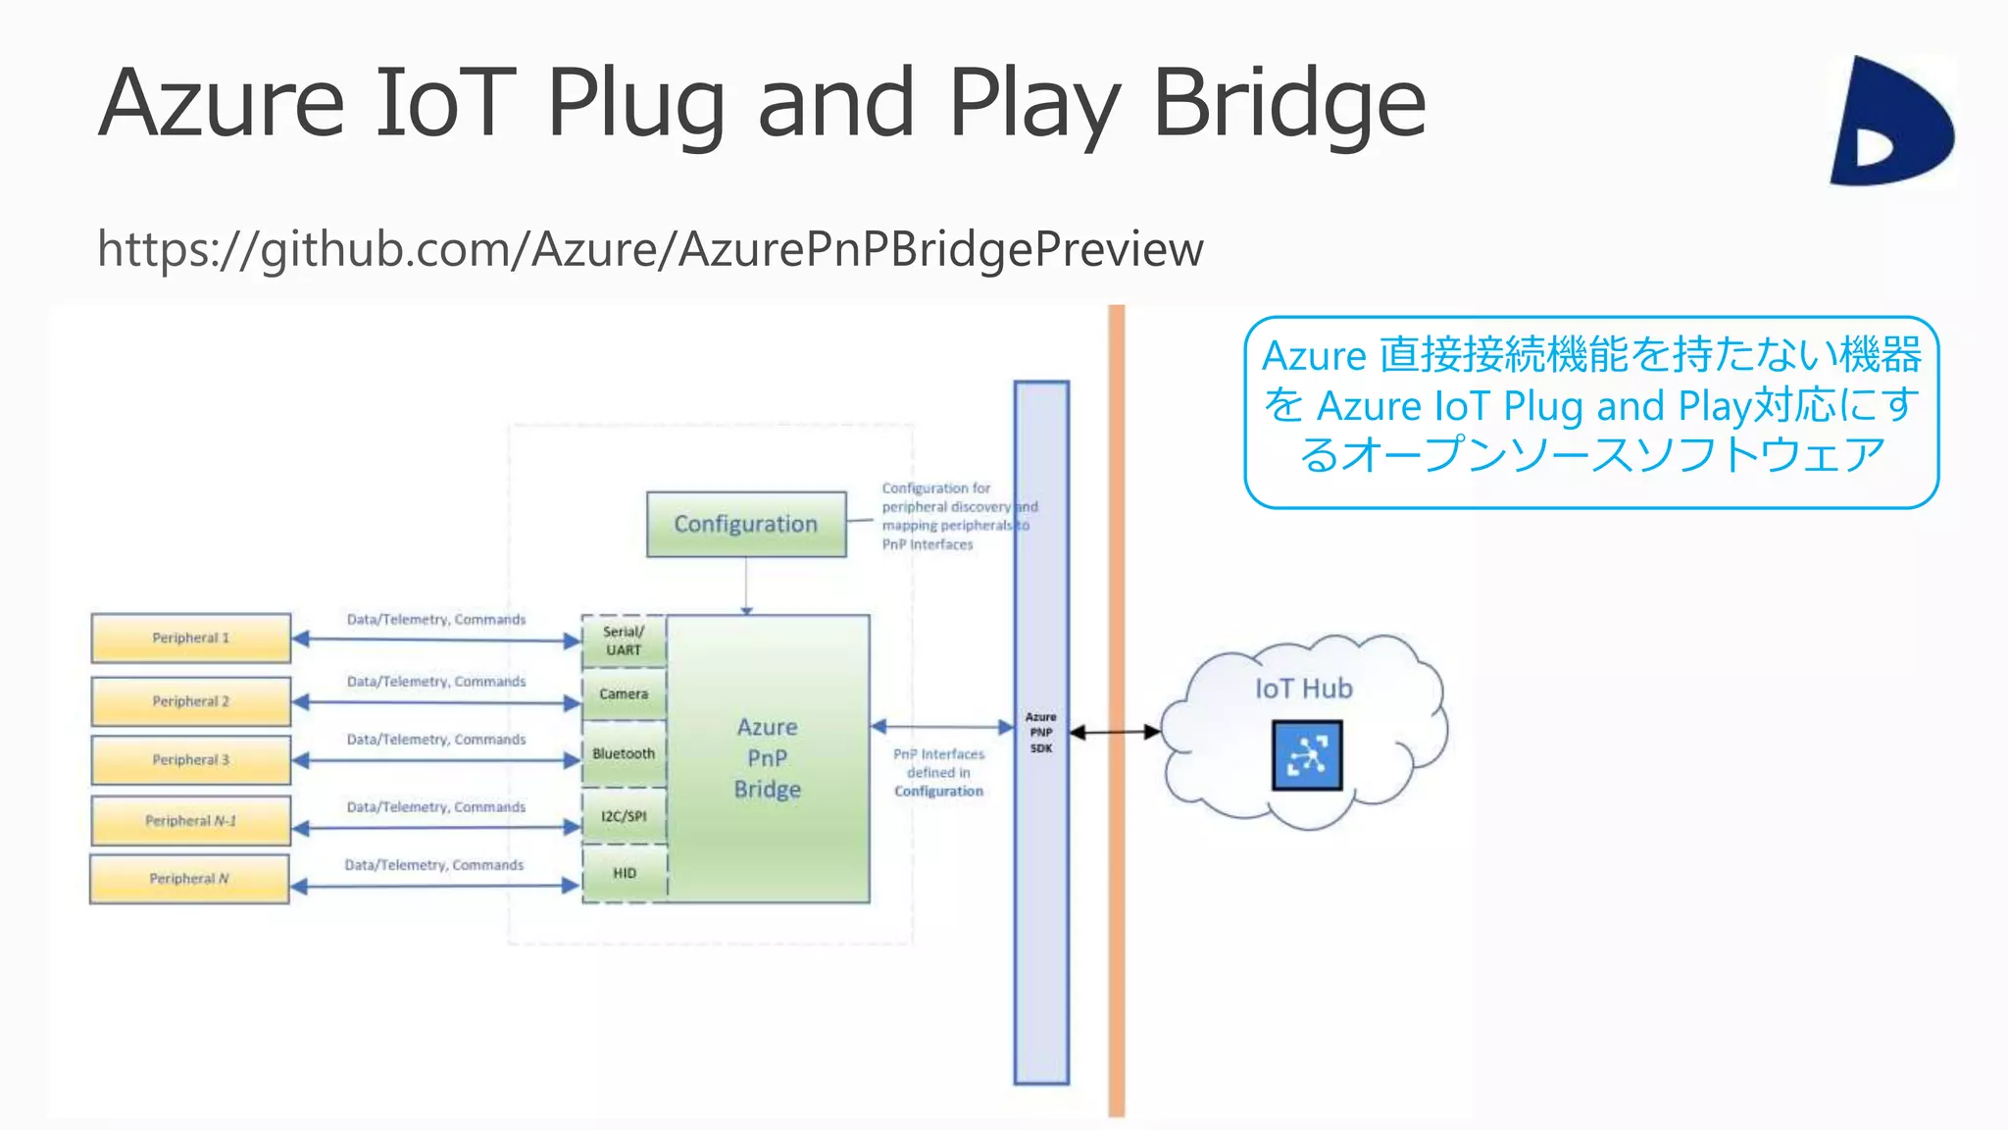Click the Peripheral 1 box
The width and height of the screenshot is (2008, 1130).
pyautogui.click(x=191, y=639)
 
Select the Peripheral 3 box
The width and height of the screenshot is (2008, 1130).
pyautogui.click(x=191, y=760)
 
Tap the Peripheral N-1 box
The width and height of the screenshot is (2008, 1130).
pyautogui.click(x=191, y=821)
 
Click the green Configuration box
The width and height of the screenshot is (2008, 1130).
pyautogui.click(x=746, y=525)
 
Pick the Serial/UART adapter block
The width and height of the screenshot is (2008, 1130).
pyautogui.click(x=624, y=642)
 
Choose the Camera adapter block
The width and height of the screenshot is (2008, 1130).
pyautogui.click(x=624, y=694)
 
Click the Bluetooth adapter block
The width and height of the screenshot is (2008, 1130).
pyautogui.click(x=624, y=754)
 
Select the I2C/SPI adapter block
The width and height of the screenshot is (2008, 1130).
pyautogui.click(x=624, y=816)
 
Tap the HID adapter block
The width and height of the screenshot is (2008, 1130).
pyautogui.click(x=625, y=874)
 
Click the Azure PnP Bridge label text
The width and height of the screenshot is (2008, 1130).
pyautogui.click(x=768, y=758)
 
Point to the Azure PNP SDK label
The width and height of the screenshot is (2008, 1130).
pyautogui.click(x=1041, y=733)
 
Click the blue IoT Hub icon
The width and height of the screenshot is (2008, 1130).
pyautogui.click(x=1307, y=755)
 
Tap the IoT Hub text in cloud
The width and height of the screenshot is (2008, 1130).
pyautogui.click(x=1304, y=689)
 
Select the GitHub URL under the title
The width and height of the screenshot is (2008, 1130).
pyautogui.click(x=650, y=249)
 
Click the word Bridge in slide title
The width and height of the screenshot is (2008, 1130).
pyautogui.click(x=1288, y=102)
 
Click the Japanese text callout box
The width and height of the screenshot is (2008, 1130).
pyautogui.click(x=1591, y=412)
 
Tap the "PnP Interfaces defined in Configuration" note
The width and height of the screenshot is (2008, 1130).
pyautogui.click(x=938, y=773)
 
